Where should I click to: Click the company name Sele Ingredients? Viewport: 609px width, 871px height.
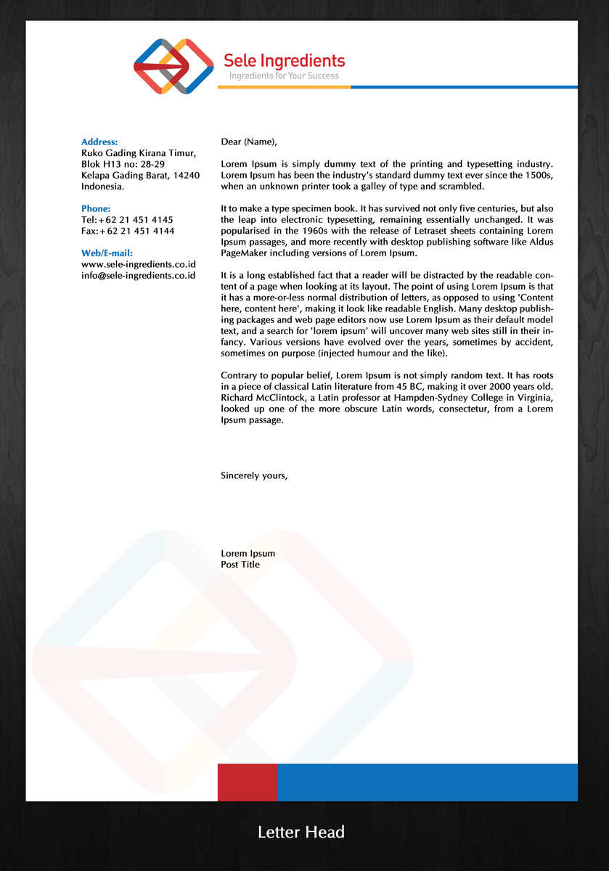coord(284,60)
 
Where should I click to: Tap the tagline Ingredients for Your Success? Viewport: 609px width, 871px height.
coord(284,75)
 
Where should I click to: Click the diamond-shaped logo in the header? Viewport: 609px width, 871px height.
coord(173,66)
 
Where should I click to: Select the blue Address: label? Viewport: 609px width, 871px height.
coord(99,142)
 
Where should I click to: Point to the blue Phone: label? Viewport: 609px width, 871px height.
coord(96,208)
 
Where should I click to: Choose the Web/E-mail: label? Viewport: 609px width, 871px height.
coord(107,253)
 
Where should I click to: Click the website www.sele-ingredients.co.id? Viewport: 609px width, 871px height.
coord(139,264)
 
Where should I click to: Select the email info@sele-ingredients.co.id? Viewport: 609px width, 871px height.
coord(139,275)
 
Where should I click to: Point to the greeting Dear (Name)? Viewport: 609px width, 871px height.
coord(249,142)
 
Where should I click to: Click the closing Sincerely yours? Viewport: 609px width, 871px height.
coord(254,476)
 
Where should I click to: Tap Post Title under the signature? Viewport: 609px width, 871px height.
coord(240,564)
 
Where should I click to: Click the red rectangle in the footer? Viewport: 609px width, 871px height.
coord(248,782)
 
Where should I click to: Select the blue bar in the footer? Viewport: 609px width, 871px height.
coord(428,782)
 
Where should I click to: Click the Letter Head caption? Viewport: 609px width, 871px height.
coord(301,832)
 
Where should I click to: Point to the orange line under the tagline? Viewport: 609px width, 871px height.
coord(284,87)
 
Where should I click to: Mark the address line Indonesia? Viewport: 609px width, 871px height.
coord(102,187)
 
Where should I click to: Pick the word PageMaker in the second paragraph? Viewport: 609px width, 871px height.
coord(245,253)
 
